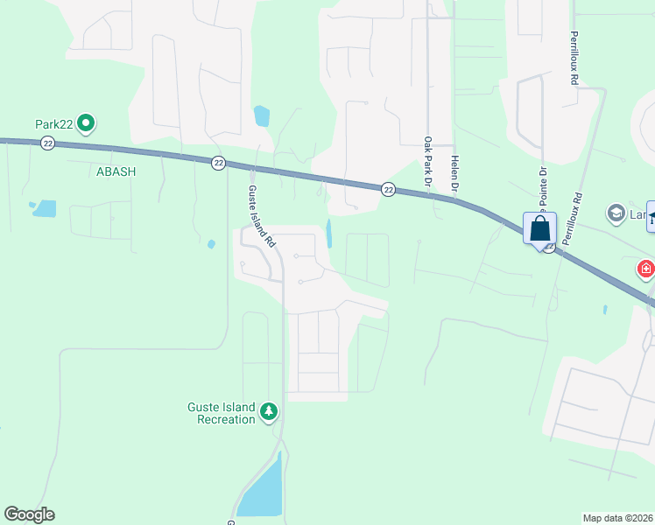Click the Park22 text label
click(53, 124)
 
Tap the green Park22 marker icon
click(86, 124)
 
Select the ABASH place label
click(116, 171)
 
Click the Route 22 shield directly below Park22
click(48, 143)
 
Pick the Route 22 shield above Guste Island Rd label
click(219, 162)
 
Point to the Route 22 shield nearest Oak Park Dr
click(388, 189)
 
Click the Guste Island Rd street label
click(257, 213)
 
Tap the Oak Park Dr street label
click(428, 163)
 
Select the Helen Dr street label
click(455, 175)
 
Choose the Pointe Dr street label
click(543, 184)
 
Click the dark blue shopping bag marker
click(540, 229)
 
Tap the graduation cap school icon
click(616, 213)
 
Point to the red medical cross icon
click(646, 268)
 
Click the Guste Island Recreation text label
click(221, 413)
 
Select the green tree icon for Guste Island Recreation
click(271, 410)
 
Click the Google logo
click(30, 514)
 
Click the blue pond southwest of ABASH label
click(44, 208)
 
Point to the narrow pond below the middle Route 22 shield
click(329, 233)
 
